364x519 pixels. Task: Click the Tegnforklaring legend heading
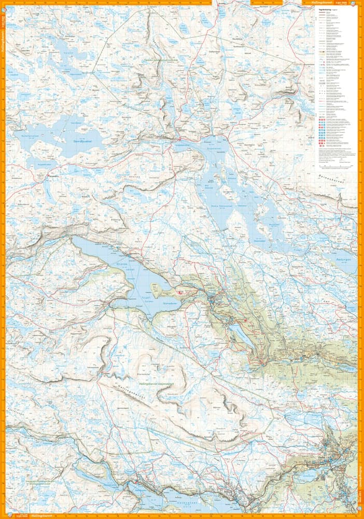[x=325, y=9]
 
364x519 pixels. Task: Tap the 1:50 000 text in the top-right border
[x=347, y=3]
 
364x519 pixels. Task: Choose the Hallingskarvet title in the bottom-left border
[x=41, y=516]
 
